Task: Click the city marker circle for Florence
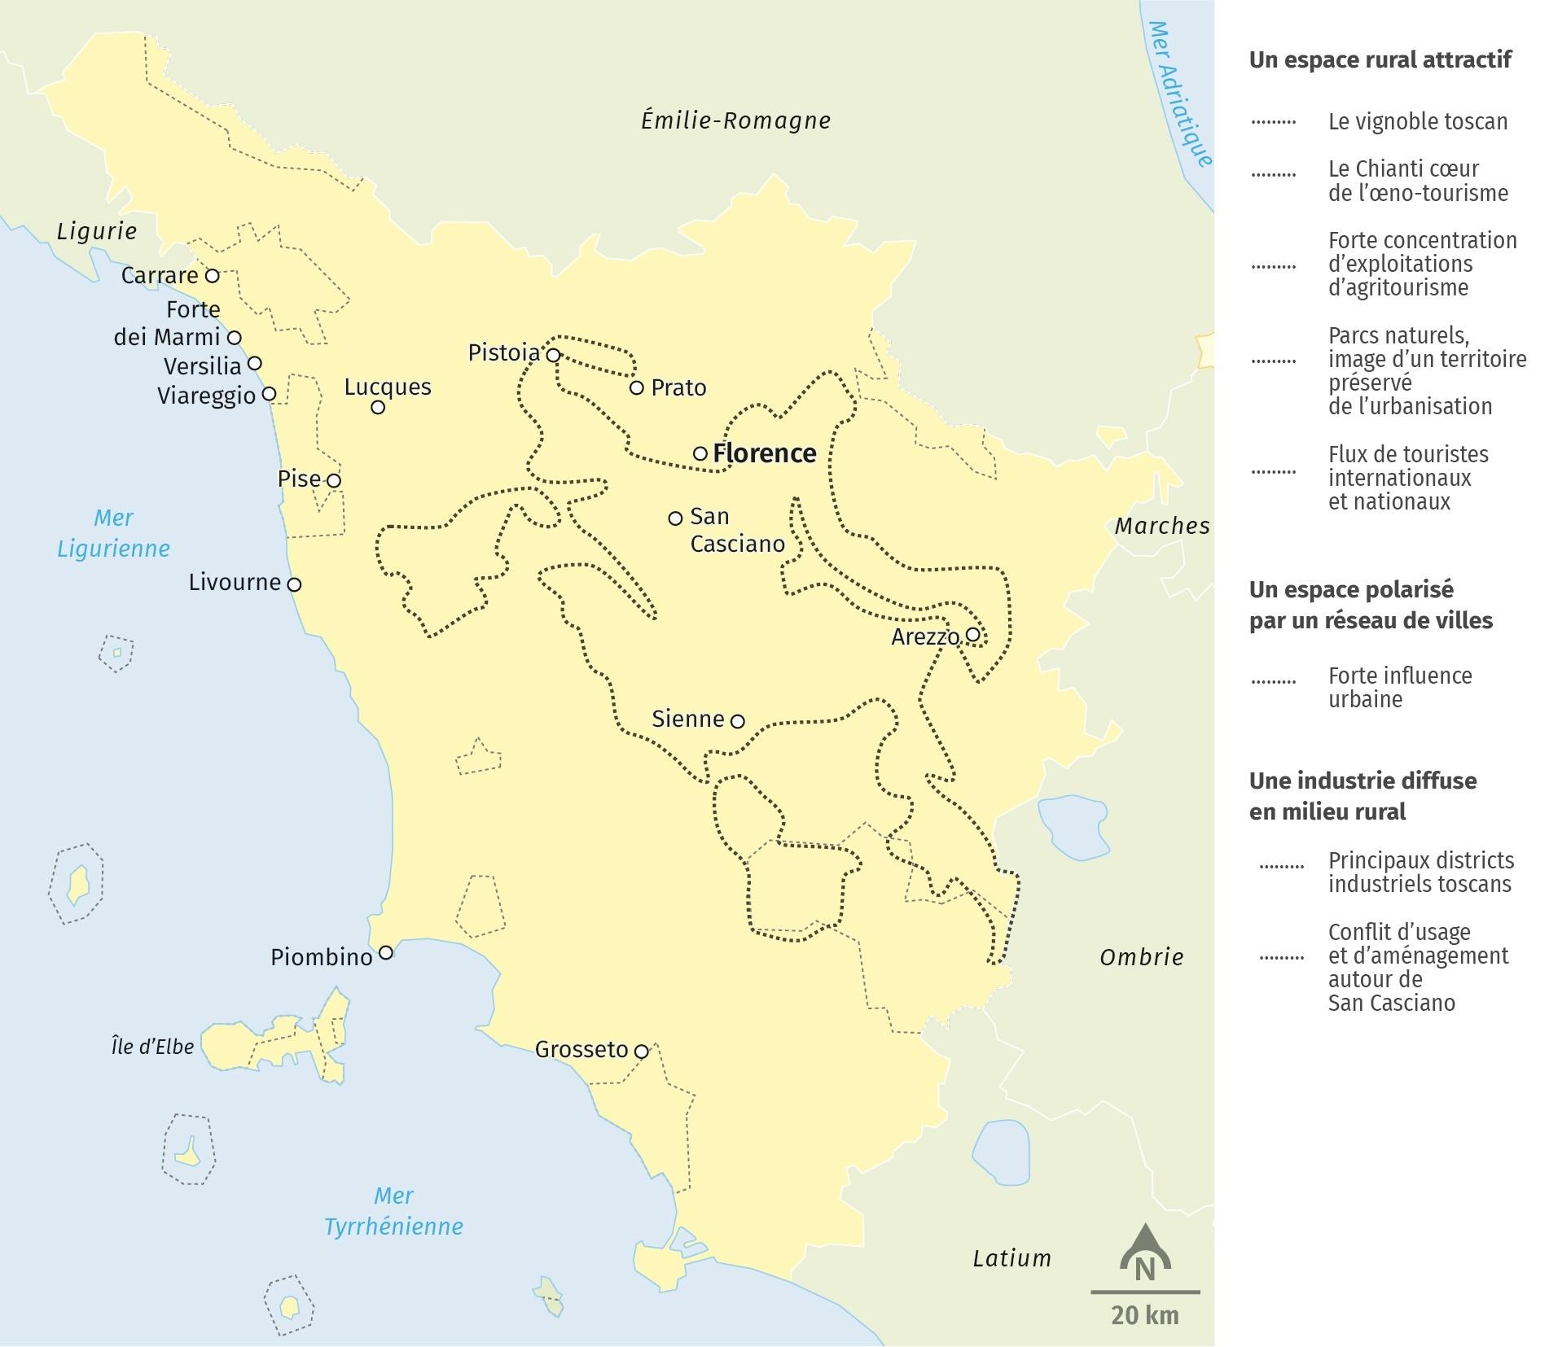tap(700, 453)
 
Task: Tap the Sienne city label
tap(688, 719)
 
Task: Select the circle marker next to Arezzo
tap(972, 634)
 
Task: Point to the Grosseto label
tap(581, 1050)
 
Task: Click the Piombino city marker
tap(386, 952)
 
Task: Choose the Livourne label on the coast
tap(235, 583)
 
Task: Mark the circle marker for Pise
tap(333, 480)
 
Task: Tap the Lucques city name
tap(388, 387)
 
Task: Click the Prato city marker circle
tap(637, 387)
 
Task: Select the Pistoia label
tap(504, 353)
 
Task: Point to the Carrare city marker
tap(212, 276)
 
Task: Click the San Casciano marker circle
tap(675, 518)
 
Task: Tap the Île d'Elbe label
tap(153, 1047)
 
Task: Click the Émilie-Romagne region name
tap(735, 121)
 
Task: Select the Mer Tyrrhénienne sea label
tap(393, 1211)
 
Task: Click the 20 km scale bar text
tap(1144, 1316)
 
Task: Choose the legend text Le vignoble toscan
tap(1418, 122)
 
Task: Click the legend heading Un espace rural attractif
tap(1380, 60)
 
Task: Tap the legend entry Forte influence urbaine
tap(1400, 688)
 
